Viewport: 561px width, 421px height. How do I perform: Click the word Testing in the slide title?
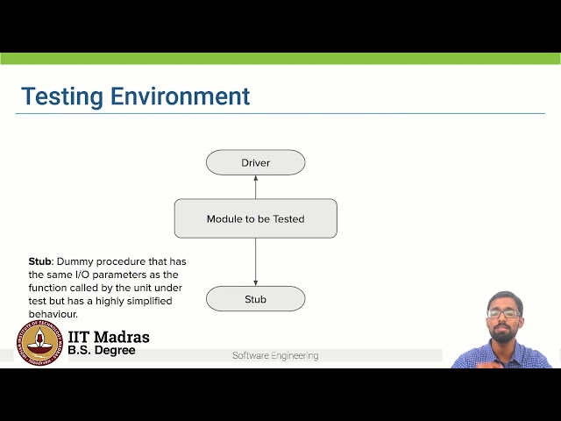60,96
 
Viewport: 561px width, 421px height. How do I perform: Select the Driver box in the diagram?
255,162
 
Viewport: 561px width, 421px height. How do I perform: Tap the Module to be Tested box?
255,218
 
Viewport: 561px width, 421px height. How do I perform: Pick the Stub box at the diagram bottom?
255,299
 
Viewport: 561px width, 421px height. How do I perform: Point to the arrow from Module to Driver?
255,186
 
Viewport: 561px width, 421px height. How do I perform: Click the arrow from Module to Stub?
255,261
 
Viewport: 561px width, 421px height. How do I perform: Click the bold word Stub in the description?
40,261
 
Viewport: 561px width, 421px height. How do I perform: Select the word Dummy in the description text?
78,261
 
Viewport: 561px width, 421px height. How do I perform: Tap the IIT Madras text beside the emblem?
108,338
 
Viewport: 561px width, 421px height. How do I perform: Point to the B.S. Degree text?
102,351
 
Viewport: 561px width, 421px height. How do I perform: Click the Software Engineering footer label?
275,356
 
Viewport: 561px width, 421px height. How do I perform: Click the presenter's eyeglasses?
503,312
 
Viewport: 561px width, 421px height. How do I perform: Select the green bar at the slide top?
280,59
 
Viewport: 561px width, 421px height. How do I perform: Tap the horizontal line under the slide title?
280,113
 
